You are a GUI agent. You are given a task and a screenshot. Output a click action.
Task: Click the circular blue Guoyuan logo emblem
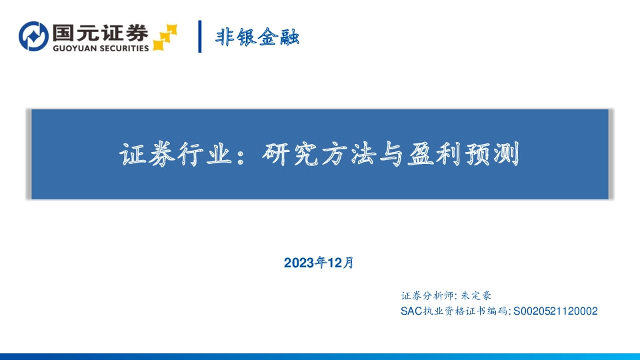pos(33,37)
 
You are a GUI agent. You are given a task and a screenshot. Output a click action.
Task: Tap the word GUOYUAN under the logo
pos(73,49)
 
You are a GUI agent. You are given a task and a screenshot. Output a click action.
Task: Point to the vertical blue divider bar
pos(200,37)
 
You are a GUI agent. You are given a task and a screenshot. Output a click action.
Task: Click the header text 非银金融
pos(257,37)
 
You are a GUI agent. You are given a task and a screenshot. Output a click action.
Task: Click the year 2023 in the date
pos(297,263)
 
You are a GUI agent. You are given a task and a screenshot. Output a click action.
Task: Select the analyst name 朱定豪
pos(476,296)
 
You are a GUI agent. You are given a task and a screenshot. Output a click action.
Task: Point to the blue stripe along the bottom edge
pos(320,356)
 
